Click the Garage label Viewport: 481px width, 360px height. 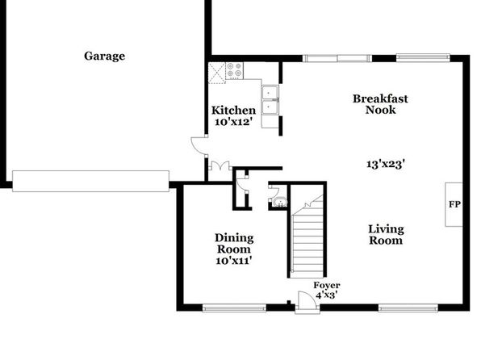click(x=105, y=57)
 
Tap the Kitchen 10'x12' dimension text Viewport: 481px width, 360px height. click(x=233, y=122)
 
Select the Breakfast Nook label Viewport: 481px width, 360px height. click(x=380, y=104)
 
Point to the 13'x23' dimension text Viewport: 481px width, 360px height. click(x=386, y=164)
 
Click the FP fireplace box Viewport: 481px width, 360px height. click(x=454, y=204)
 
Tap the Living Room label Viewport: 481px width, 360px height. click(x=386, y=234)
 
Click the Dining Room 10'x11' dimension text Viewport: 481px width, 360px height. click(x=234, y=261)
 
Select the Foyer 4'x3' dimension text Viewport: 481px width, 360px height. click(x=327, y=295)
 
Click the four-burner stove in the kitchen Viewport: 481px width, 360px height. click(x=234, y=70)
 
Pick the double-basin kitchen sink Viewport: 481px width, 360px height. click(x=270, y=100)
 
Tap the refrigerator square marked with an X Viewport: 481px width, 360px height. click(x=217, y=73)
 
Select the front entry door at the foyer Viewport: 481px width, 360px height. click(x=307, y=303)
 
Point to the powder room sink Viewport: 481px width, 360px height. click(x=280, y=203)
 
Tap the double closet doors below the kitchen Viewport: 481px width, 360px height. click(x=220, y=165)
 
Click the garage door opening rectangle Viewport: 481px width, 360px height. click(x=90, y=181)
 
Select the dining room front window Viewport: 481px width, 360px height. click(x=234, y=308)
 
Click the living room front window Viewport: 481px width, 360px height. click(x=408, y=308)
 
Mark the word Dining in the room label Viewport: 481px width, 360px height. click(x=234, y=238)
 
